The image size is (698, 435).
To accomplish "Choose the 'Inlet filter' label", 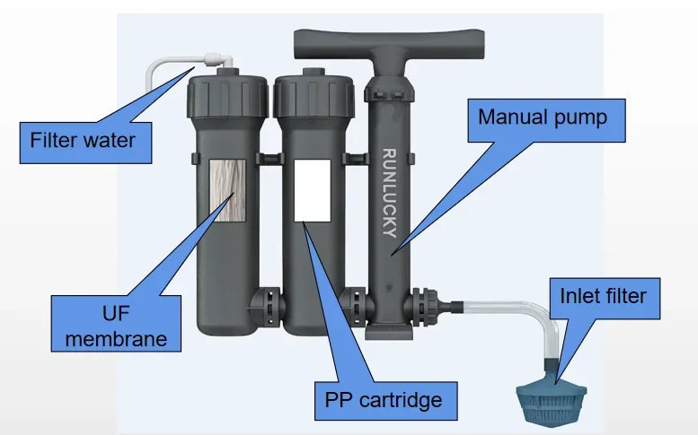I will [x=603, y=294].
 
